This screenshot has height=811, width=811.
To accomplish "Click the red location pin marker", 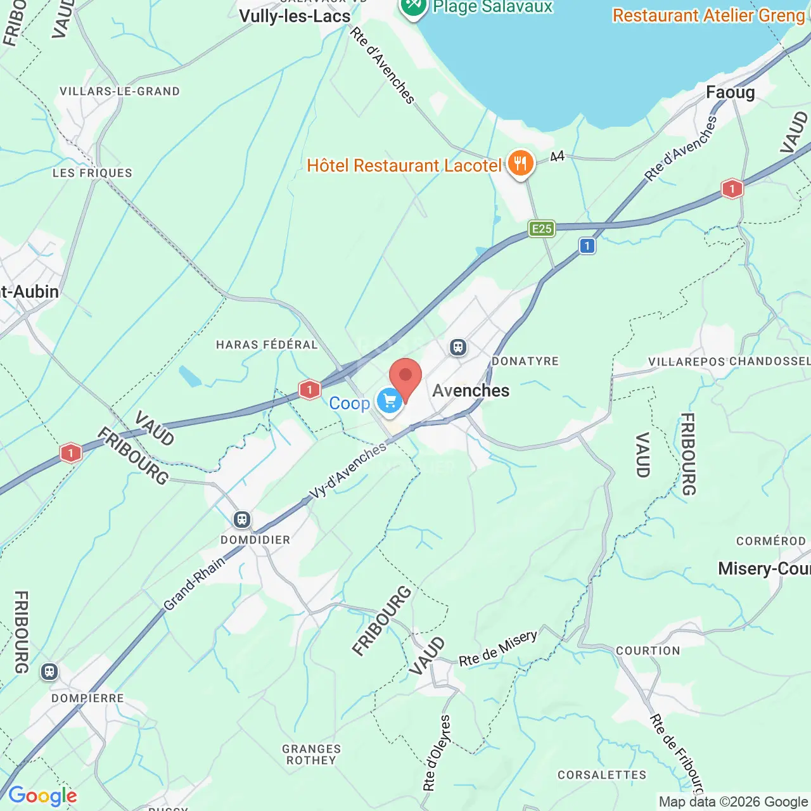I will tap(405, 378).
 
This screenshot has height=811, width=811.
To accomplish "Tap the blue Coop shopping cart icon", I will tap(389, 401).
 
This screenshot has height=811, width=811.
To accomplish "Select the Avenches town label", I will tap(471, 390).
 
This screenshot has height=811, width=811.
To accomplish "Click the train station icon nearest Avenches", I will tap(458, 347).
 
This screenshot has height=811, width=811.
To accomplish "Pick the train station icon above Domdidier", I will tap(241, 520).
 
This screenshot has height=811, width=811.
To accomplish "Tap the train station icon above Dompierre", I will tap(49, 672).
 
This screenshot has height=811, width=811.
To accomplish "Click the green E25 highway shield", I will tap(542, 229).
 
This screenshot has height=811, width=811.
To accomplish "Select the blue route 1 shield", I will tap(587, 246).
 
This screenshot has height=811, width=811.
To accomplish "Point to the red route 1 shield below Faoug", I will tap(732, 189).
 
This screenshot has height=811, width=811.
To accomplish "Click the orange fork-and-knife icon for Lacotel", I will tap(520, 164).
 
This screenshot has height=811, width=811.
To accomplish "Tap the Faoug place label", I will tap(731, 93).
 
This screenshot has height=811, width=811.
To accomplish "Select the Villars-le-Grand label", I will tap(120, 91).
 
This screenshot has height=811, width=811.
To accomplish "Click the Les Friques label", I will tap(93, 173).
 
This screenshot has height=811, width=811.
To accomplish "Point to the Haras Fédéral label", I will tap(267, 345).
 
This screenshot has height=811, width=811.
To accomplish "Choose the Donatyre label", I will tap(525, 361).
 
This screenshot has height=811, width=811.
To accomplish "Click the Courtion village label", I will tap(648, 651).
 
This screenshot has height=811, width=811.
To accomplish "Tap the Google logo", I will tap(42, 796).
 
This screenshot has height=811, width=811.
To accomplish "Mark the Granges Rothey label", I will tap(312, 755).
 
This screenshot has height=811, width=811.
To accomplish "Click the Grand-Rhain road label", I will tap(195, 584).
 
